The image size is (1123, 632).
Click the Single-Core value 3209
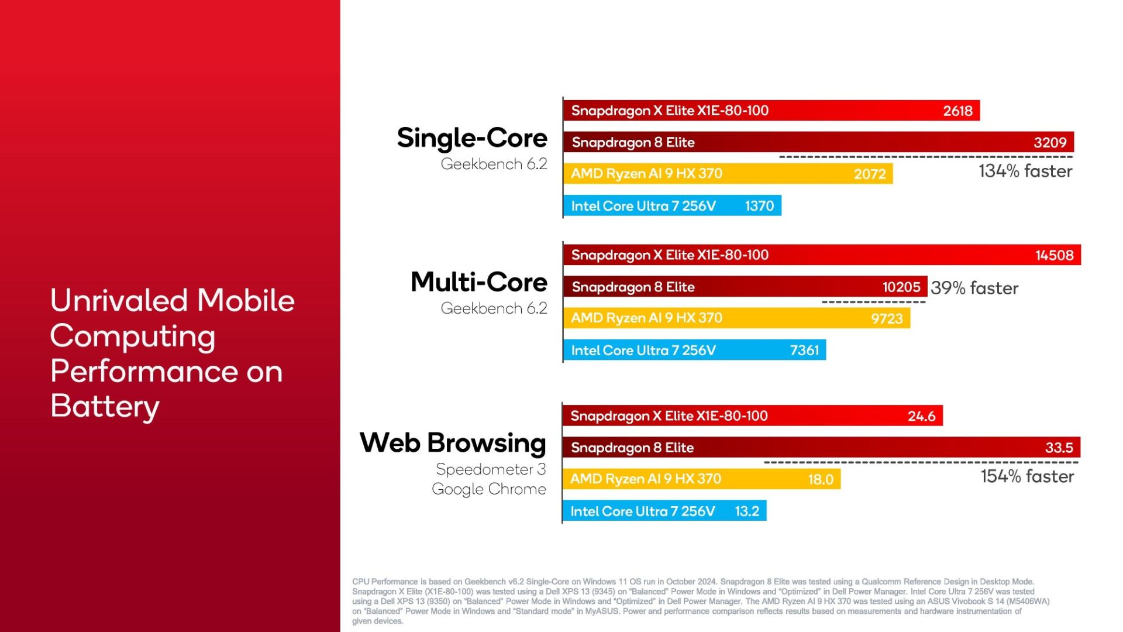1050,142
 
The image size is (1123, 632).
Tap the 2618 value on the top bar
957,111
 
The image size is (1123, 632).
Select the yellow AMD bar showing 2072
728,174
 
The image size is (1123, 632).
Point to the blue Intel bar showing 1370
673,206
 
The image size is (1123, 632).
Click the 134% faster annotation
1025,171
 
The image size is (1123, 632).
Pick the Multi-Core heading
479,282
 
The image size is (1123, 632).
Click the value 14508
1055,255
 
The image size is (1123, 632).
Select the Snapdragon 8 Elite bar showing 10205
745,287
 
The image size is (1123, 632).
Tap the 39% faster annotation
974,288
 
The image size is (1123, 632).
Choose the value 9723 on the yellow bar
887,318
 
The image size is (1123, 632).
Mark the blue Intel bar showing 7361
695,350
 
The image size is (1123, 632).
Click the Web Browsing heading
453,443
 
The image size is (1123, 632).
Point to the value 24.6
921,416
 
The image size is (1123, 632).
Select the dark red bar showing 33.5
821,448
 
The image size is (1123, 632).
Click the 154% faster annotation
1027,476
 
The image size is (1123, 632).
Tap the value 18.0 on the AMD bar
821,479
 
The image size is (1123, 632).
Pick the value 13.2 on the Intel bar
747,511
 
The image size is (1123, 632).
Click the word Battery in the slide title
105,407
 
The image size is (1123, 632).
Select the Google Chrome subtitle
489,489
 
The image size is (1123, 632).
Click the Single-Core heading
472,138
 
